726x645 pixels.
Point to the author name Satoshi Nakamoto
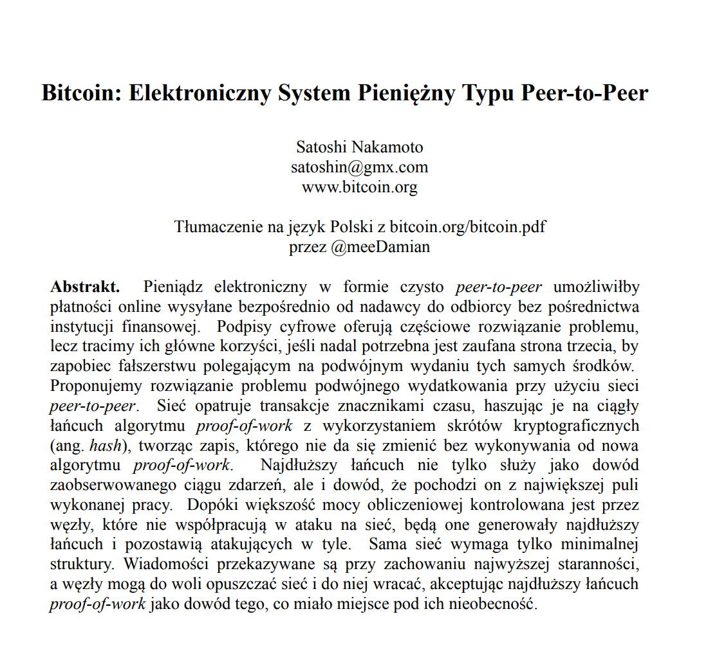coord(360,147)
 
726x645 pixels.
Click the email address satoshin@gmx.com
coord(360,167)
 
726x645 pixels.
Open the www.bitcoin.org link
coord(360,187)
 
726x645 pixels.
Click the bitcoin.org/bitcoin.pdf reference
coord(469,227)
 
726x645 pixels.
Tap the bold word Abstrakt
coord(85,287)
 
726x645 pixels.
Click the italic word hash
coord(105,446)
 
